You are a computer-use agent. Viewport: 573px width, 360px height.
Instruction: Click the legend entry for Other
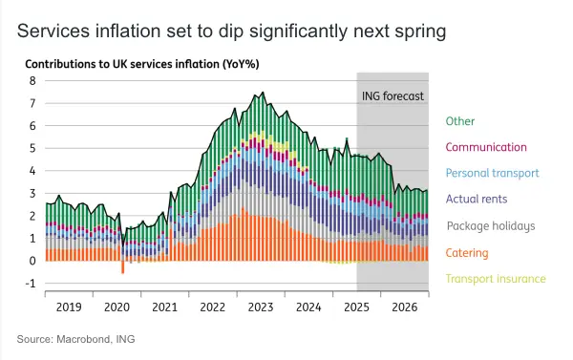(x=459, y=121)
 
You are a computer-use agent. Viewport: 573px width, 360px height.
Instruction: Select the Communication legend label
(x=486, y=147)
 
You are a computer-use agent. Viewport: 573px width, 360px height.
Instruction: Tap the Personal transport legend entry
(x=492, y=173)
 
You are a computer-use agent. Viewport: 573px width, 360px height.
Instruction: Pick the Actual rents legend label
(x=477, y=199)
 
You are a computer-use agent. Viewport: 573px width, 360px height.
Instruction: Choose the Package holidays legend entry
(x=491, y=226)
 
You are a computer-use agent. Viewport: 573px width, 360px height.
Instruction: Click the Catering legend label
(x=467, y=253)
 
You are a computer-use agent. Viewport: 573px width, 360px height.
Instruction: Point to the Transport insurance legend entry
(x=496, y=279)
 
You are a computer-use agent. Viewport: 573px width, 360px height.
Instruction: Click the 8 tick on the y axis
(x=32, y=81)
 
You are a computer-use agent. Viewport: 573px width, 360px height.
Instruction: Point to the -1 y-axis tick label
(x=31, y=284)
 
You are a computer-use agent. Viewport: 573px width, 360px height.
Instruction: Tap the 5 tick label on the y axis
(x=32, y=148)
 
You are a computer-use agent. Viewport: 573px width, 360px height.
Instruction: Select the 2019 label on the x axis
(x=69, y=307)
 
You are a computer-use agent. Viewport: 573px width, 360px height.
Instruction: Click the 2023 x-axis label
(x=261, y=307)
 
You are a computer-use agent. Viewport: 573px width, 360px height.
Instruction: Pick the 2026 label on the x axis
(x=405, y=307)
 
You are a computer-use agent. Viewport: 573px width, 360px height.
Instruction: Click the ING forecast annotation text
(x=393, y=96)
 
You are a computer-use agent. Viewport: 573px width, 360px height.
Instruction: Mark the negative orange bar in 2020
(x=123, y=267)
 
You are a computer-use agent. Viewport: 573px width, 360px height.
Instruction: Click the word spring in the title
(x=420, y=32)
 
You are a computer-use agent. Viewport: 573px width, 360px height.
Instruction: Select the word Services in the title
(x=53, y=31)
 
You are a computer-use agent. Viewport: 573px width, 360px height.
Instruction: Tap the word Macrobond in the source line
(x=83, y=339)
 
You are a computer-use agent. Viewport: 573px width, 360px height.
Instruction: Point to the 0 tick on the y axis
(x=32, y=261)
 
